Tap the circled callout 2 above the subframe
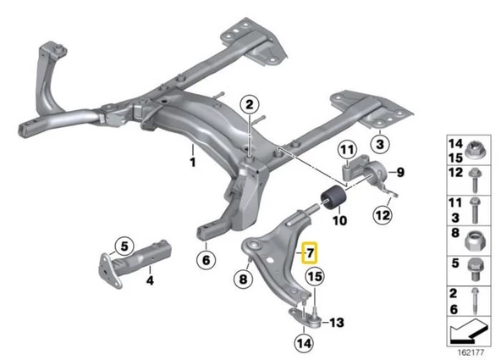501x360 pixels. (249, 105)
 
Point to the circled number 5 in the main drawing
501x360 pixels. (124, 247)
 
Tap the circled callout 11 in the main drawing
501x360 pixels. (347, 152)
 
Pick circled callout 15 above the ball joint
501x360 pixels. (314, 276)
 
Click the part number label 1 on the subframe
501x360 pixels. (192, 158)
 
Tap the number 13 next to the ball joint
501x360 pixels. (338, 322)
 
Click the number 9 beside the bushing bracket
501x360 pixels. (401, 172)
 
